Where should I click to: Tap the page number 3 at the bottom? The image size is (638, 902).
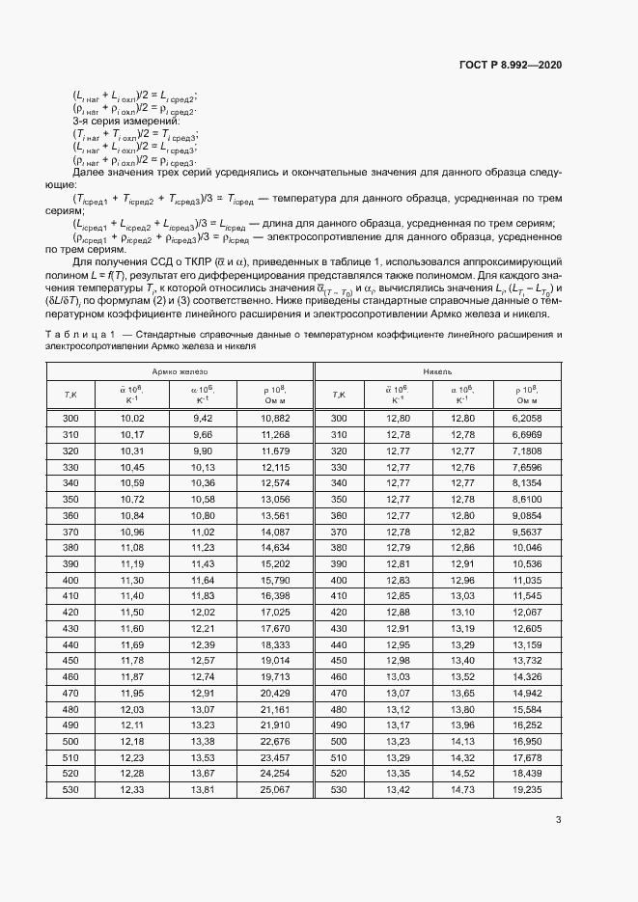coord(558,821)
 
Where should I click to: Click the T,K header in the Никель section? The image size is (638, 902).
coord(339,394)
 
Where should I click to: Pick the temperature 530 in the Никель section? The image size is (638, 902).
coord(339,790)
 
